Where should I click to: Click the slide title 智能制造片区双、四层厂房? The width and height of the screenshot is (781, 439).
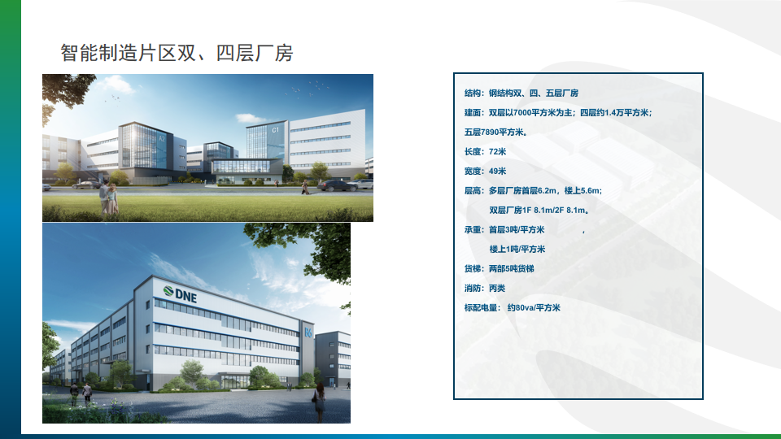tap(177, 53)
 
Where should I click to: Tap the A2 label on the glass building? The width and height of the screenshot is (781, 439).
tap(161, 139)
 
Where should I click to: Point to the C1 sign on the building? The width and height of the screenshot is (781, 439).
tap(276, 130)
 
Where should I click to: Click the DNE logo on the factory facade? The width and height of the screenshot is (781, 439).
tap(181, 293)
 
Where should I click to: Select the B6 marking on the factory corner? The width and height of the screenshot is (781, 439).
tap(308, 332)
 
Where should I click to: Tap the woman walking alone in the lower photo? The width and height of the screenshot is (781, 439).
tap(319, 400)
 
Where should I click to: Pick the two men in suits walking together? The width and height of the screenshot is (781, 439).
tap(81, 393)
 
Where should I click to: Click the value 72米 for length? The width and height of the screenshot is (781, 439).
tap(497, 152)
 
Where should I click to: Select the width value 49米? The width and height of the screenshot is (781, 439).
tap(497, 172)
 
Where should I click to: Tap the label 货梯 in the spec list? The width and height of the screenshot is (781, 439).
tap(472, 269)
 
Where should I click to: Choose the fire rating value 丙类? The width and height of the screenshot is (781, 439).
tap(497, 288)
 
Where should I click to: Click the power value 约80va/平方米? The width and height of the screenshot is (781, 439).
tap(534, 307)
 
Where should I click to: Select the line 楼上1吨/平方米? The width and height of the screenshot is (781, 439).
tap(517, 250)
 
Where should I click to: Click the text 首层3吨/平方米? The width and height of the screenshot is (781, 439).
tap(517, 230)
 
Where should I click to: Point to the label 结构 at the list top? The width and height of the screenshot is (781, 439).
tap(472, 93)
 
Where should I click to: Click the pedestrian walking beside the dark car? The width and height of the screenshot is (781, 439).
tap(304, 188)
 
